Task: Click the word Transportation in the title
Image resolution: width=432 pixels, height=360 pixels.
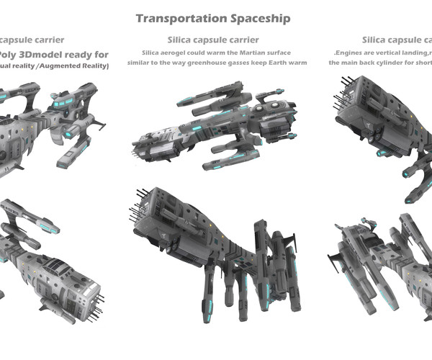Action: pyautogui.click(x=175, y=17)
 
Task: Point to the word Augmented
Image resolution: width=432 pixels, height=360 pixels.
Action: pyautogui.click(x=63, y=66)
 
